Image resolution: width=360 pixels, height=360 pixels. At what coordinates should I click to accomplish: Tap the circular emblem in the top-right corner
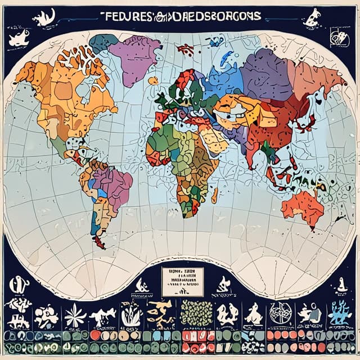pyautogui.click(x=340, y=38)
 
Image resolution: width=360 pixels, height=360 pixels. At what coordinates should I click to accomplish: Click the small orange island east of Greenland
pyautogui.click(x=153, y=80)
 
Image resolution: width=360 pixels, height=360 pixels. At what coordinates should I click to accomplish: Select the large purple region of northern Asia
pyautogui.click(x=264, y=73)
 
